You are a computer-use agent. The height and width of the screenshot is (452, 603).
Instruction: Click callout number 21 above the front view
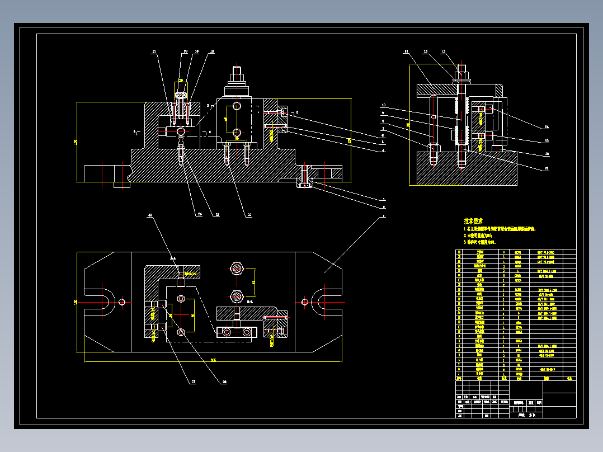pyautogui.click(x=154, y=52)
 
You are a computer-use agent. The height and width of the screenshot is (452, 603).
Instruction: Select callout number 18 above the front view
pyautogui.click(x=211, y=51)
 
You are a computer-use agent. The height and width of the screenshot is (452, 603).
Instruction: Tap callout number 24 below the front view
pyautogui.click(x=199, y=213)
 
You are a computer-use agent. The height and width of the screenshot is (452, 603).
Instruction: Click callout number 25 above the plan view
pyautogui.click(x=150, y=215)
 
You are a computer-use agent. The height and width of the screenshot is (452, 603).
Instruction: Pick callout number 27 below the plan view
pyautogui.click(x=194, y=382)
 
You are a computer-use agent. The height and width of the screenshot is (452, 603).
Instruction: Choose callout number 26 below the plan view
pyautogui.click(x=225, y=382)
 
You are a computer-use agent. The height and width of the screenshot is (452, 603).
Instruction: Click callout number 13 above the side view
pyautogui.click(x=444, y=52)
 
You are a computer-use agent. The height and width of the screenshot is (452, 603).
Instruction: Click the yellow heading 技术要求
pyautogui.click(x=473, y=222)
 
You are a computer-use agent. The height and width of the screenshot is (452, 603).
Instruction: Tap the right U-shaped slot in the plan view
pyautogui.click(x=325, y=302)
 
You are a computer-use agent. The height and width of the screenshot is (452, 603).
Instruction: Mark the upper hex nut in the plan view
pyautogui.click(x=236, y=269)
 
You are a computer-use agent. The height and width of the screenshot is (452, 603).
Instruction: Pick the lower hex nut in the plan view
pyautogui.click(x=236, y=295)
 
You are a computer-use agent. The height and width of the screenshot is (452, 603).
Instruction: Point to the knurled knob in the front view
pyautogui.click(x=181, y=96)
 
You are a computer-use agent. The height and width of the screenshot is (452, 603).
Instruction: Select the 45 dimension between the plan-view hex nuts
pyautogui.click(x=253, y=282)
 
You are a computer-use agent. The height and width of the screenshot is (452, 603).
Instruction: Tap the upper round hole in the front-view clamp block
pyautogui.click(x=238, y=106)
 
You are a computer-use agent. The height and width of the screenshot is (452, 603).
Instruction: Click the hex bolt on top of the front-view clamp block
pyautogui.click(x=237, y=74)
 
